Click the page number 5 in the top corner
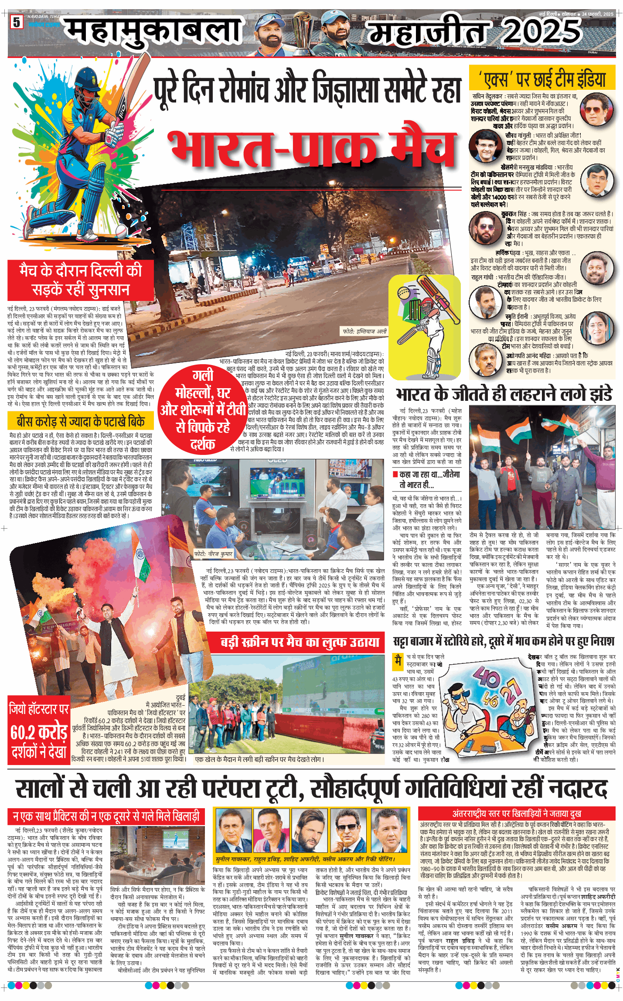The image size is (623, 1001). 17,22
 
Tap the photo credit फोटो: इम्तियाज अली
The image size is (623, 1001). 364,331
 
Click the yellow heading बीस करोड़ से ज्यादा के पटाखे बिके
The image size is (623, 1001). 81,421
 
